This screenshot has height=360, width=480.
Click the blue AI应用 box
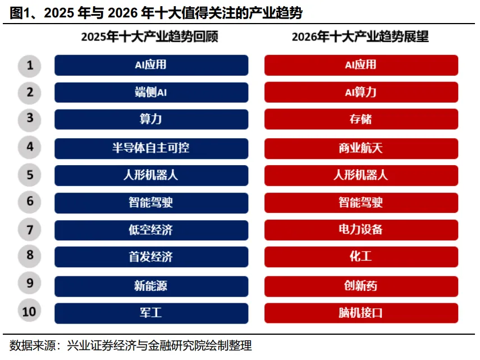pyautogui.click(x=151, y=65)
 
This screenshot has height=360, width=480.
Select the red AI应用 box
pyautogui.click(x=361, y=65)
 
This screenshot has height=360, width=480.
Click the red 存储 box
pyautogui.click(x=361, y=119)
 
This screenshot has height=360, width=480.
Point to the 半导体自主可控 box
pyautogui.click(x=151, y=148)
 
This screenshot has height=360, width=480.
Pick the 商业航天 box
pyautogui.click(x=361, y=148)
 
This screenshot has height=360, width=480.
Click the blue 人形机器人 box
pyautogui.click(x=151, y=175)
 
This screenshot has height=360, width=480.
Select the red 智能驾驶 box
pyautogui.click(x=361, y=202)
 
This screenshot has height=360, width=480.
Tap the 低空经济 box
pyautogui.click(x=151, y=230)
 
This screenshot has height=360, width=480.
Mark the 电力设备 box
pyautogui.click(x=361, y=230)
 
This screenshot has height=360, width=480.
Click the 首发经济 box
pyautogui.click(x=151, y=257)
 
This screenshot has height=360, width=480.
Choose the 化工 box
pyautogui.click(x=361, y=257)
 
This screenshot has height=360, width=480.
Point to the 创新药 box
pyautogui.click(x=361, y=286)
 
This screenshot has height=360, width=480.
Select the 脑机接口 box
pyautogui.click(x=361, y=313)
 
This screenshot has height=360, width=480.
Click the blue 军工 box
pyautogui.click(x=151, y=313)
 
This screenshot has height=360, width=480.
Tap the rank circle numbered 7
pyautogui.click(x=30, y=230)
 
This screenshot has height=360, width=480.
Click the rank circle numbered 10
pyautogui.click(x=30, y=312)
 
